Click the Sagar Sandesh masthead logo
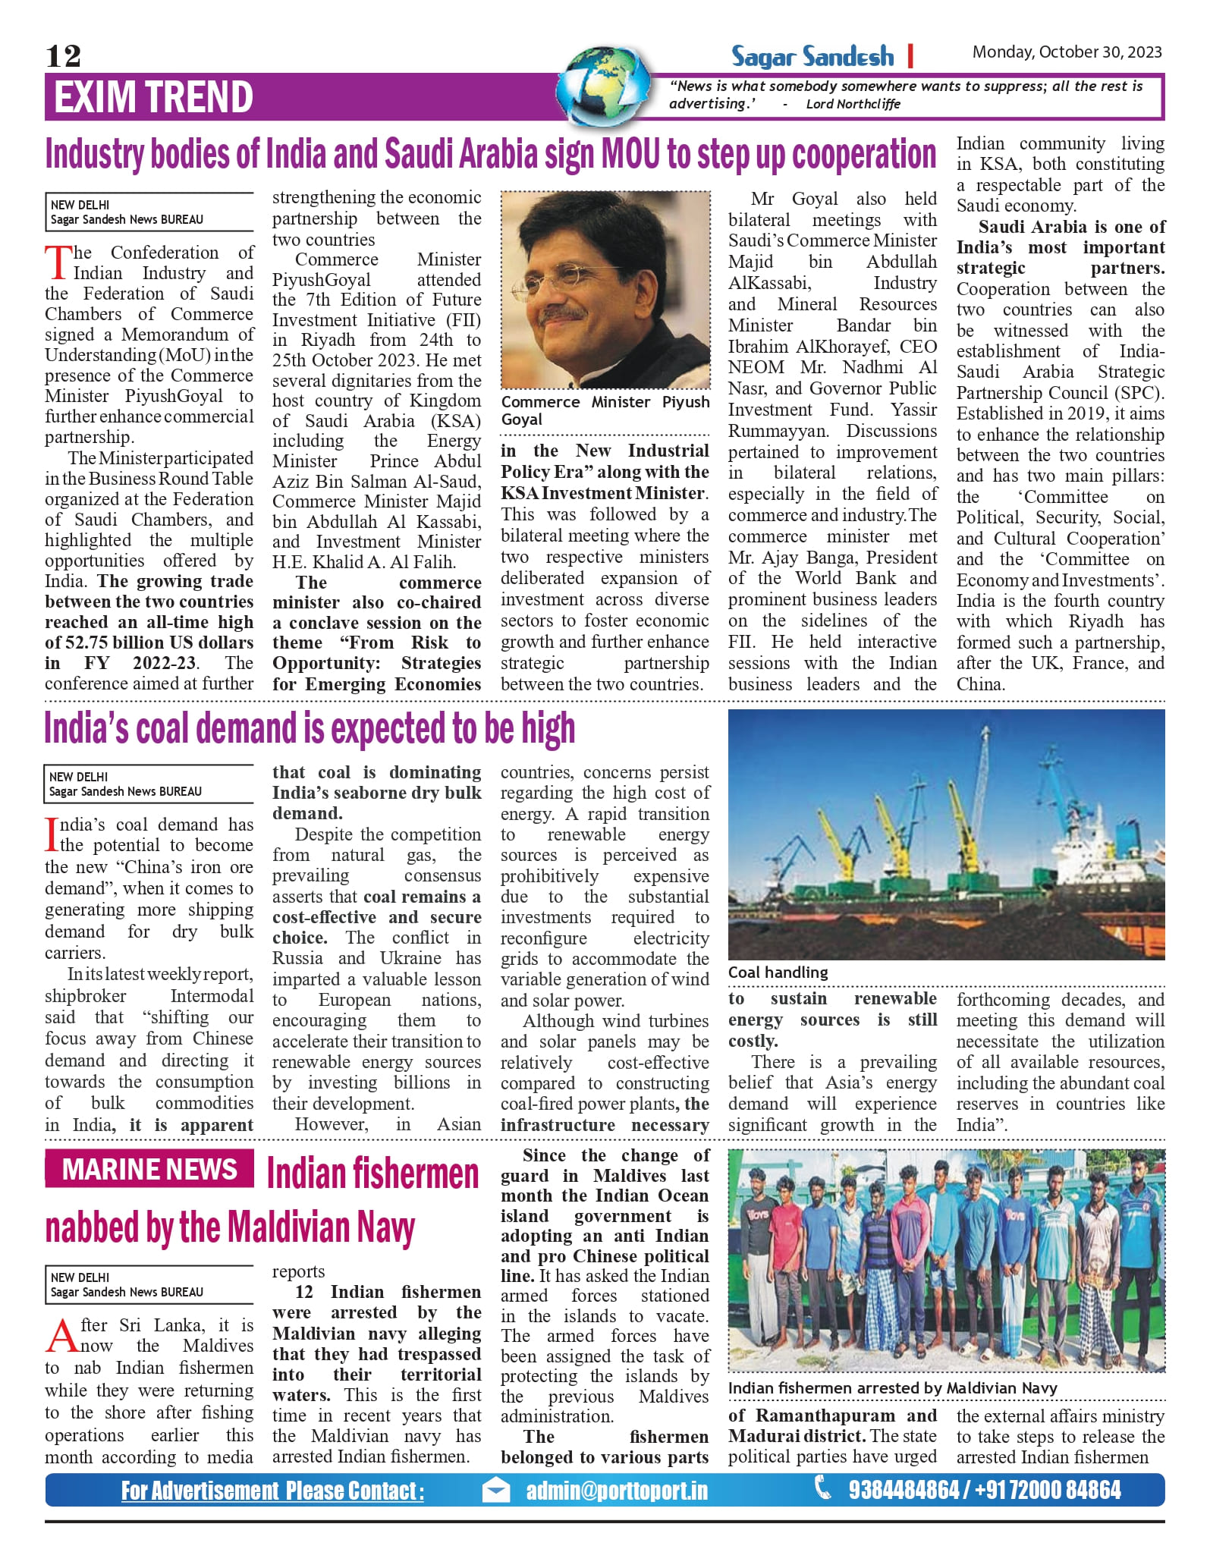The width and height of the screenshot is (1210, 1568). (x=812, y=56)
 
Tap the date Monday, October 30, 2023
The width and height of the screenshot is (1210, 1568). (x=1067, y=52)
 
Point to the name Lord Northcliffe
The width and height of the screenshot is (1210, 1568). (x=853, y=104)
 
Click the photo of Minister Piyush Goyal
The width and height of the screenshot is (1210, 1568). (x=605, y=290)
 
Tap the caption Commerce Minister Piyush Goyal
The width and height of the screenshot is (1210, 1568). (x=605, y=410)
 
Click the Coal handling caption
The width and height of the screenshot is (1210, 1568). (x=778, y=973)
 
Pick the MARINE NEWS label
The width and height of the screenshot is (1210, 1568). (x=149, y=1169)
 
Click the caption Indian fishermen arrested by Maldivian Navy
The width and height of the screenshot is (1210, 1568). (x=892, y=1388)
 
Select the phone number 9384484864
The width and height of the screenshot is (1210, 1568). (x=904, y=1490)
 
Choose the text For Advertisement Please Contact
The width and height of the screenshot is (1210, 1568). (x=272, y=1491)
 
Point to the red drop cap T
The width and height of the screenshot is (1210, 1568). (x=58, y=262)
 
